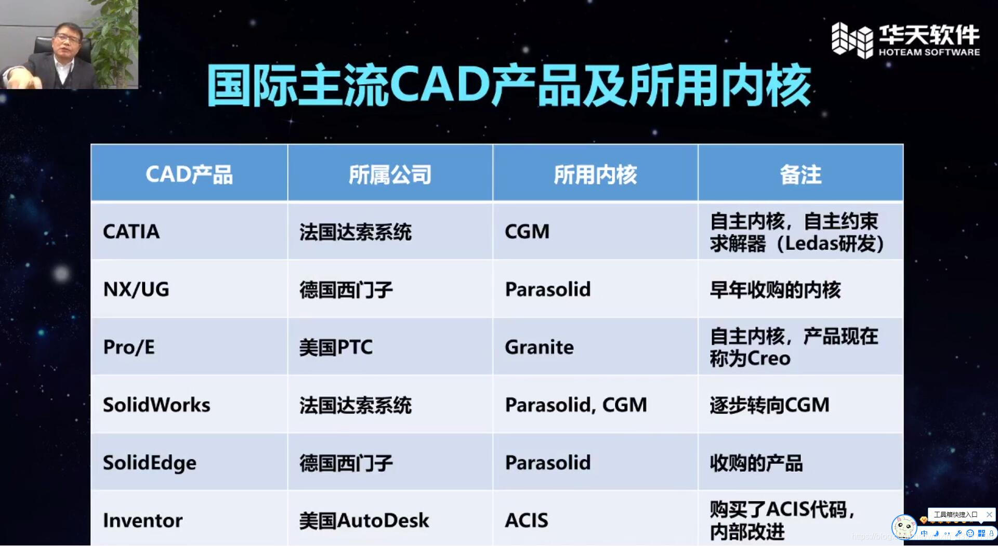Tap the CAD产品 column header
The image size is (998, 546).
(189, 175)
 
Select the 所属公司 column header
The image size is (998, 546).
(390, 175)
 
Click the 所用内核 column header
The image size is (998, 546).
(595, 175)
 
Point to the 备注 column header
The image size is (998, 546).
(800, 175)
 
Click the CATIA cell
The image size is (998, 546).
(132, 232)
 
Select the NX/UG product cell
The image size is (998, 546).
(136, 289)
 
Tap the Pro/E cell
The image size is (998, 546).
(129, 347)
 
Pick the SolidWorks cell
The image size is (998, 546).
(156, 405)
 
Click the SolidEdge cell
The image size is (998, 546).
(150, 463)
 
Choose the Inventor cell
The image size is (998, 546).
(143, 521)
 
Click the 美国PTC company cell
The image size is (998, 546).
(336, 347)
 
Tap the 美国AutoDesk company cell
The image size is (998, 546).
(364, 521)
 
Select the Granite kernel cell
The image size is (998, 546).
(539, 347)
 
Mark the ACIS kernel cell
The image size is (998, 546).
(527, 521)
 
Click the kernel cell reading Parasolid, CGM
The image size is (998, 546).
(576, 405)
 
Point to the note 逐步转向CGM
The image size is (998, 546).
(769, 405)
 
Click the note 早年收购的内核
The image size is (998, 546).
(775, 289)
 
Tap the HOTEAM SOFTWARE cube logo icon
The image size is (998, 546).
(852, 40)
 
